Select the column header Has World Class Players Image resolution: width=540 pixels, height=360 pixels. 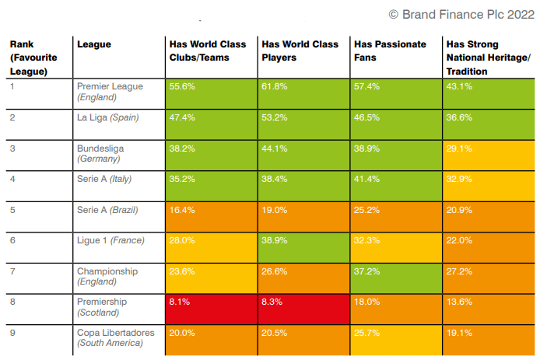coord(300,51)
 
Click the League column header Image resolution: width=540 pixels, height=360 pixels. coord(93,45)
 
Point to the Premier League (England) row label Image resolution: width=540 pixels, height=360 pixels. coord(110,92)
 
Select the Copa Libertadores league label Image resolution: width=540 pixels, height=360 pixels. coord(115,338)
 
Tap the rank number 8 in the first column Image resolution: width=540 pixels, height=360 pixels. coord(13,302)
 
